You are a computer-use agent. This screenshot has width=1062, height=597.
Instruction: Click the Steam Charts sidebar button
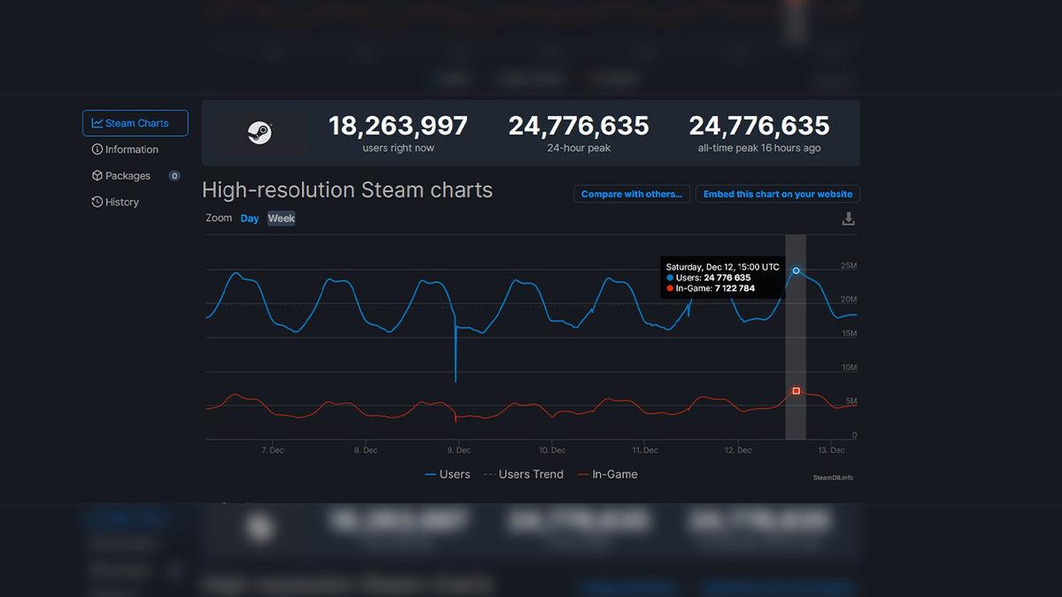[x=135, y=123]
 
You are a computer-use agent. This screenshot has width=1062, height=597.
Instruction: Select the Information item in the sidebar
[x=126, y=149]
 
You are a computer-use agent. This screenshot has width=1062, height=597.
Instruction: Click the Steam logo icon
[x=259, y=133]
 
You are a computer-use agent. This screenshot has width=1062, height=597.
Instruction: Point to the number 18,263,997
[x=398, y=126]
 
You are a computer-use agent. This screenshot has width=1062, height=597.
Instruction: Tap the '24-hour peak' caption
[x=579, y=149]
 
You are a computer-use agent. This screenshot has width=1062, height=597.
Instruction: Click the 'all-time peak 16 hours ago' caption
[x=758, y=149]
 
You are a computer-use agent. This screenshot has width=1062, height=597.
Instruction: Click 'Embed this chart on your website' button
[x=777, y=194]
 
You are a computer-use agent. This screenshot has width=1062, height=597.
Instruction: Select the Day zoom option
[x=250, y=218]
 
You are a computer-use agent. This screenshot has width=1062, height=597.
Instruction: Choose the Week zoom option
[x=281, y=218]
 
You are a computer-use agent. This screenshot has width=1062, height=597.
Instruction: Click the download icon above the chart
[x=848, y=218]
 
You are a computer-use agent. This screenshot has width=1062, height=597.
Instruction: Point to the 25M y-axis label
[x=848, y=266]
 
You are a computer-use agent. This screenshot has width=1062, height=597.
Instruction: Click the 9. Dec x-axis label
[x=458, y=450]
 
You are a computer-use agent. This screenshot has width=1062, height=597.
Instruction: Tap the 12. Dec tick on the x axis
[x=737, y=450]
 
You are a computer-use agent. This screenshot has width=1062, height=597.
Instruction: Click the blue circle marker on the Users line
[x=796, y=271]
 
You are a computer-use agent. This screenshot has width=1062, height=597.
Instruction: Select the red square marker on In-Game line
[x=796, y=390]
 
